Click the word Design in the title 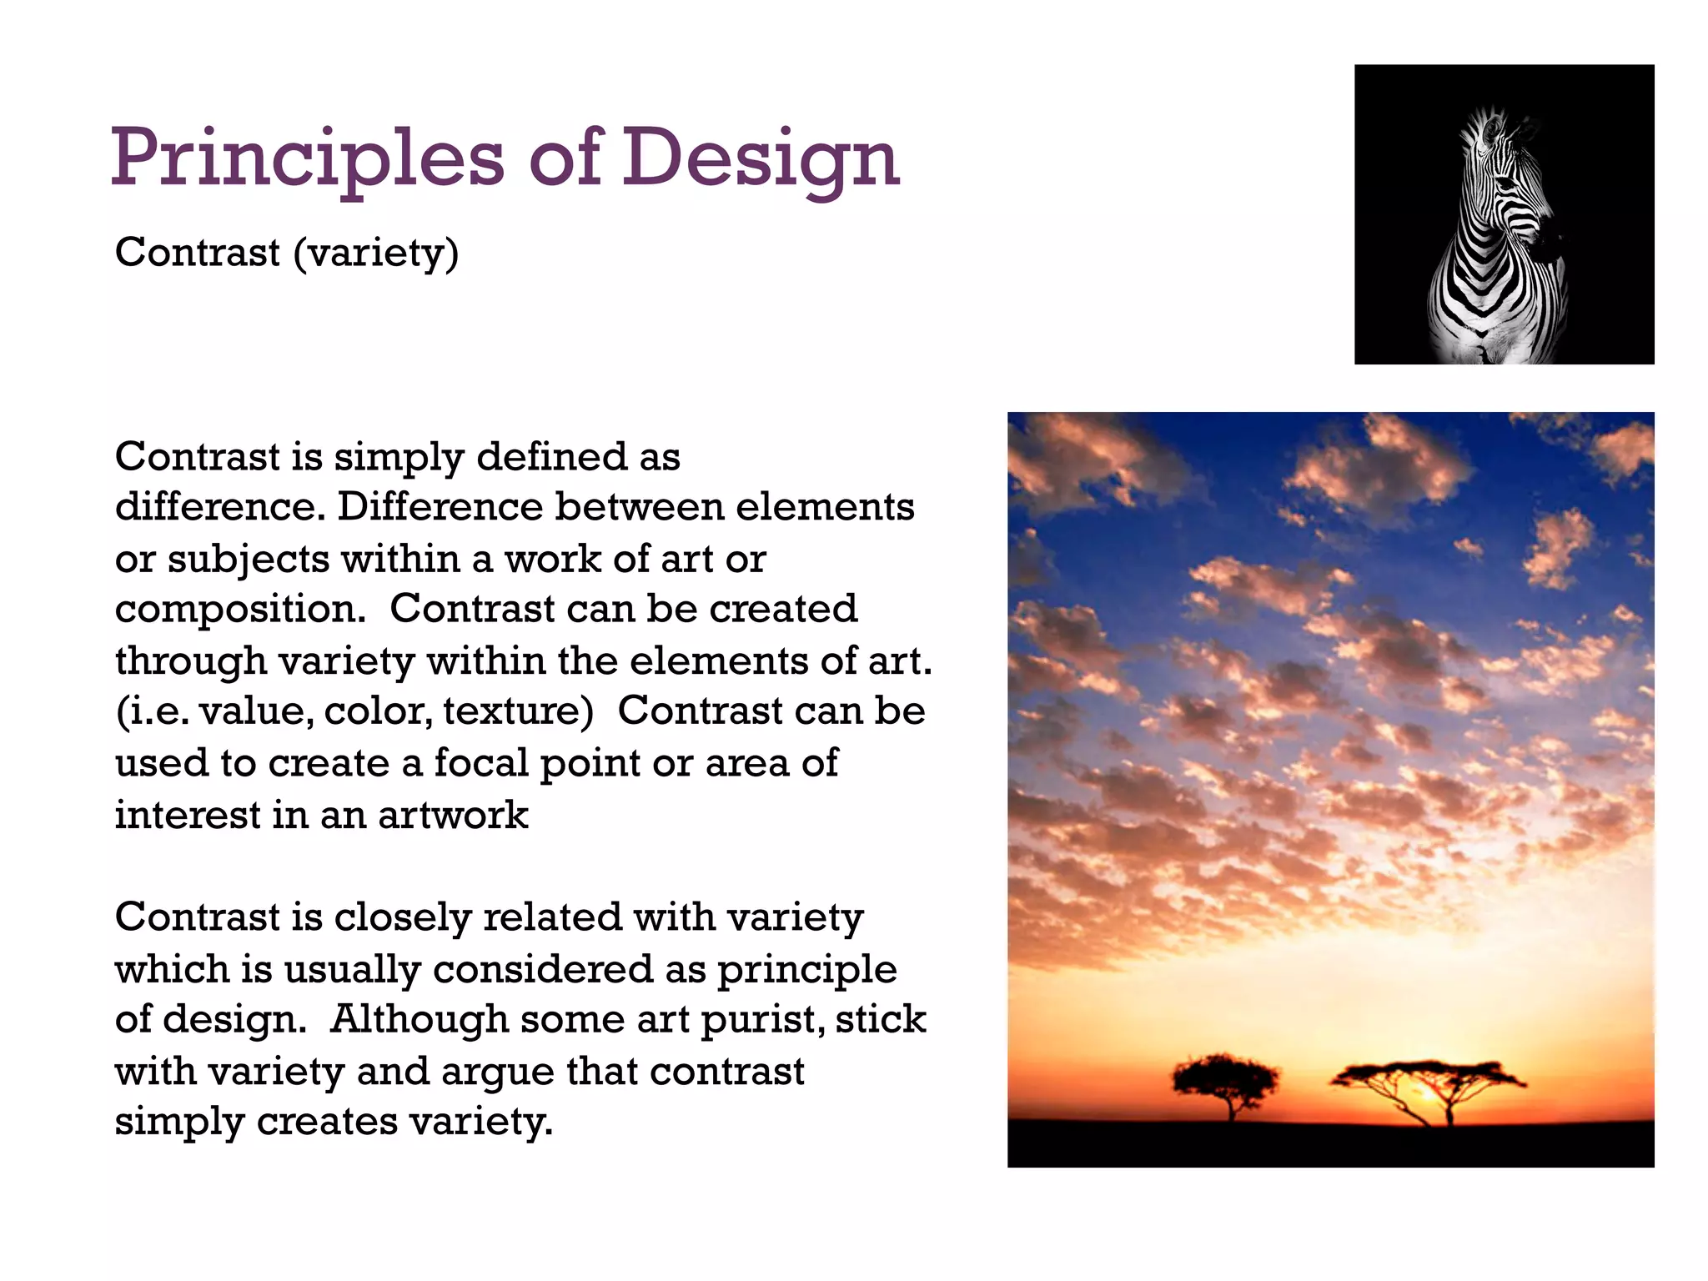click(x=761, y=158)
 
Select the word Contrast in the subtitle click(x=197, y=252)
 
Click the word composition click(x=240, y=610)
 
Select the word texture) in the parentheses click(x=518, y=711)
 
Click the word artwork click(x=453, y=815)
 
